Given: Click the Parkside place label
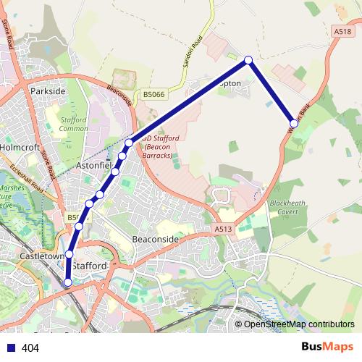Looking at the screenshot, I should coord(48,92).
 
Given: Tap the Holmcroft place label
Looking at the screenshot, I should coord(20,146).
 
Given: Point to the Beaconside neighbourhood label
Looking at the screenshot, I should coord(155,238).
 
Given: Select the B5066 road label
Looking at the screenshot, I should coord(153,94).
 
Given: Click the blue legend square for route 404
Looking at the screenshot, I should coord(11,348).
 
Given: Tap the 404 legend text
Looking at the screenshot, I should coord(30,348).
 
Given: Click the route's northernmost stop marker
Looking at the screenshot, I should coord(248,60).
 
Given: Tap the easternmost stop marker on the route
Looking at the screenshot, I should coord(294,124).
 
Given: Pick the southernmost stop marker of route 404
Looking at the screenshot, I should coord(68,282).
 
